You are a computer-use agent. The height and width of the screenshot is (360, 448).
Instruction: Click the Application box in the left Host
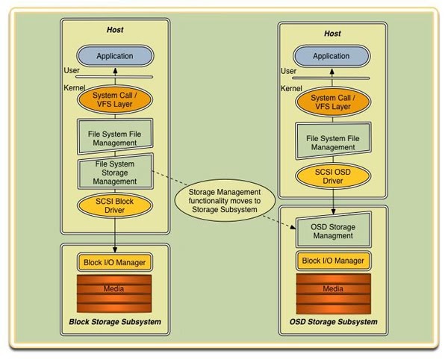coord(114,56)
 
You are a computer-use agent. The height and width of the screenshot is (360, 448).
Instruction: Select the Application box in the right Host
coord(331,56)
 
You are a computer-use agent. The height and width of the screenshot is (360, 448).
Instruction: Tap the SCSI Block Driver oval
coord(114,205)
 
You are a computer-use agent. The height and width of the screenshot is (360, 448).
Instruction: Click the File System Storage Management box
coord(114,171)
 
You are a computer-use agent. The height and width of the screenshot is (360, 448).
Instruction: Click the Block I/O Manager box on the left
coord(114,262)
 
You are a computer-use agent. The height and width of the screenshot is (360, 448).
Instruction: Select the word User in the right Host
coord(288,71)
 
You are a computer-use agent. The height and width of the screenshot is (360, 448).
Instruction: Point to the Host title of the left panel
coord(114,30)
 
